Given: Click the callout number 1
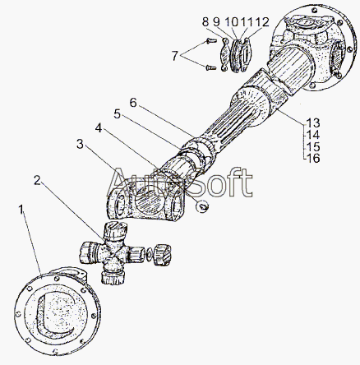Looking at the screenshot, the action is pyautogui.click(x=21, y=210).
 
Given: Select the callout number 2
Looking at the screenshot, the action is pyautogui.click(x=38, y=180).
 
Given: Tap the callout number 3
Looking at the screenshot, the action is pyautogui.click(x=80, y=144).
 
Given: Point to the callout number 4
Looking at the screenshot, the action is pyautogui.click(x=99, y=128).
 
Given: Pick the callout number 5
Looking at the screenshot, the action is pyautogui.click(x=118, y=113).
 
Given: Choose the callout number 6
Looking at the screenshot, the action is pyautogui.click(x=133, y=103).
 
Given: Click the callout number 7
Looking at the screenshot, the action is pyautogui.click(x=175, y=56).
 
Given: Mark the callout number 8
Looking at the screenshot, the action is pyautogui.click(x=205, y=22).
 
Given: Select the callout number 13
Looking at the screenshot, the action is pyautogui.click(x=313, y=123).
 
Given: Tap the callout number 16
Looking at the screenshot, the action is pyautogui.click(x=313, y=158).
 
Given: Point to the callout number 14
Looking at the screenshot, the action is pyautogui.click(x=313, y=135).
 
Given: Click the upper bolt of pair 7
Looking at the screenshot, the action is pyautogui.click(x=211, y=41).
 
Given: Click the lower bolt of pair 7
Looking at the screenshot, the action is pyautogui.click(x=211, y=67).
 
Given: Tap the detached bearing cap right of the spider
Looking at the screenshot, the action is pyautogui.click(x=162, y=253).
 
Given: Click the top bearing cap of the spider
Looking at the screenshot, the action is pyautogui.click(x=116, y=230).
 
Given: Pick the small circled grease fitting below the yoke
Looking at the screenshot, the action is pyautogui.click(x=203, y=206).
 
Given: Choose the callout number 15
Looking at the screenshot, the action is pyautogui.click(x=313, y=146).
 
